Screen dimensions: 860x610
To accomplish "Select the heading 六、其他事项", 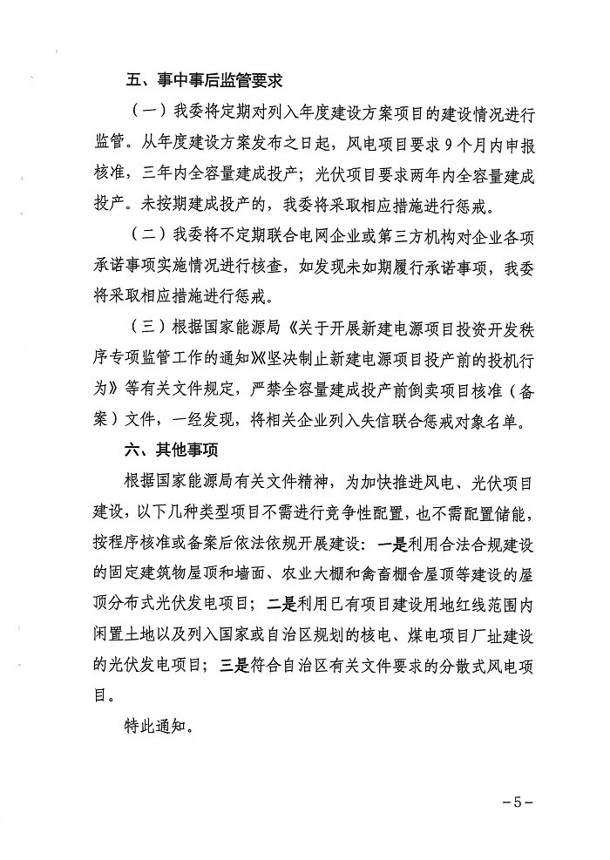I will coord(168,450).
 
